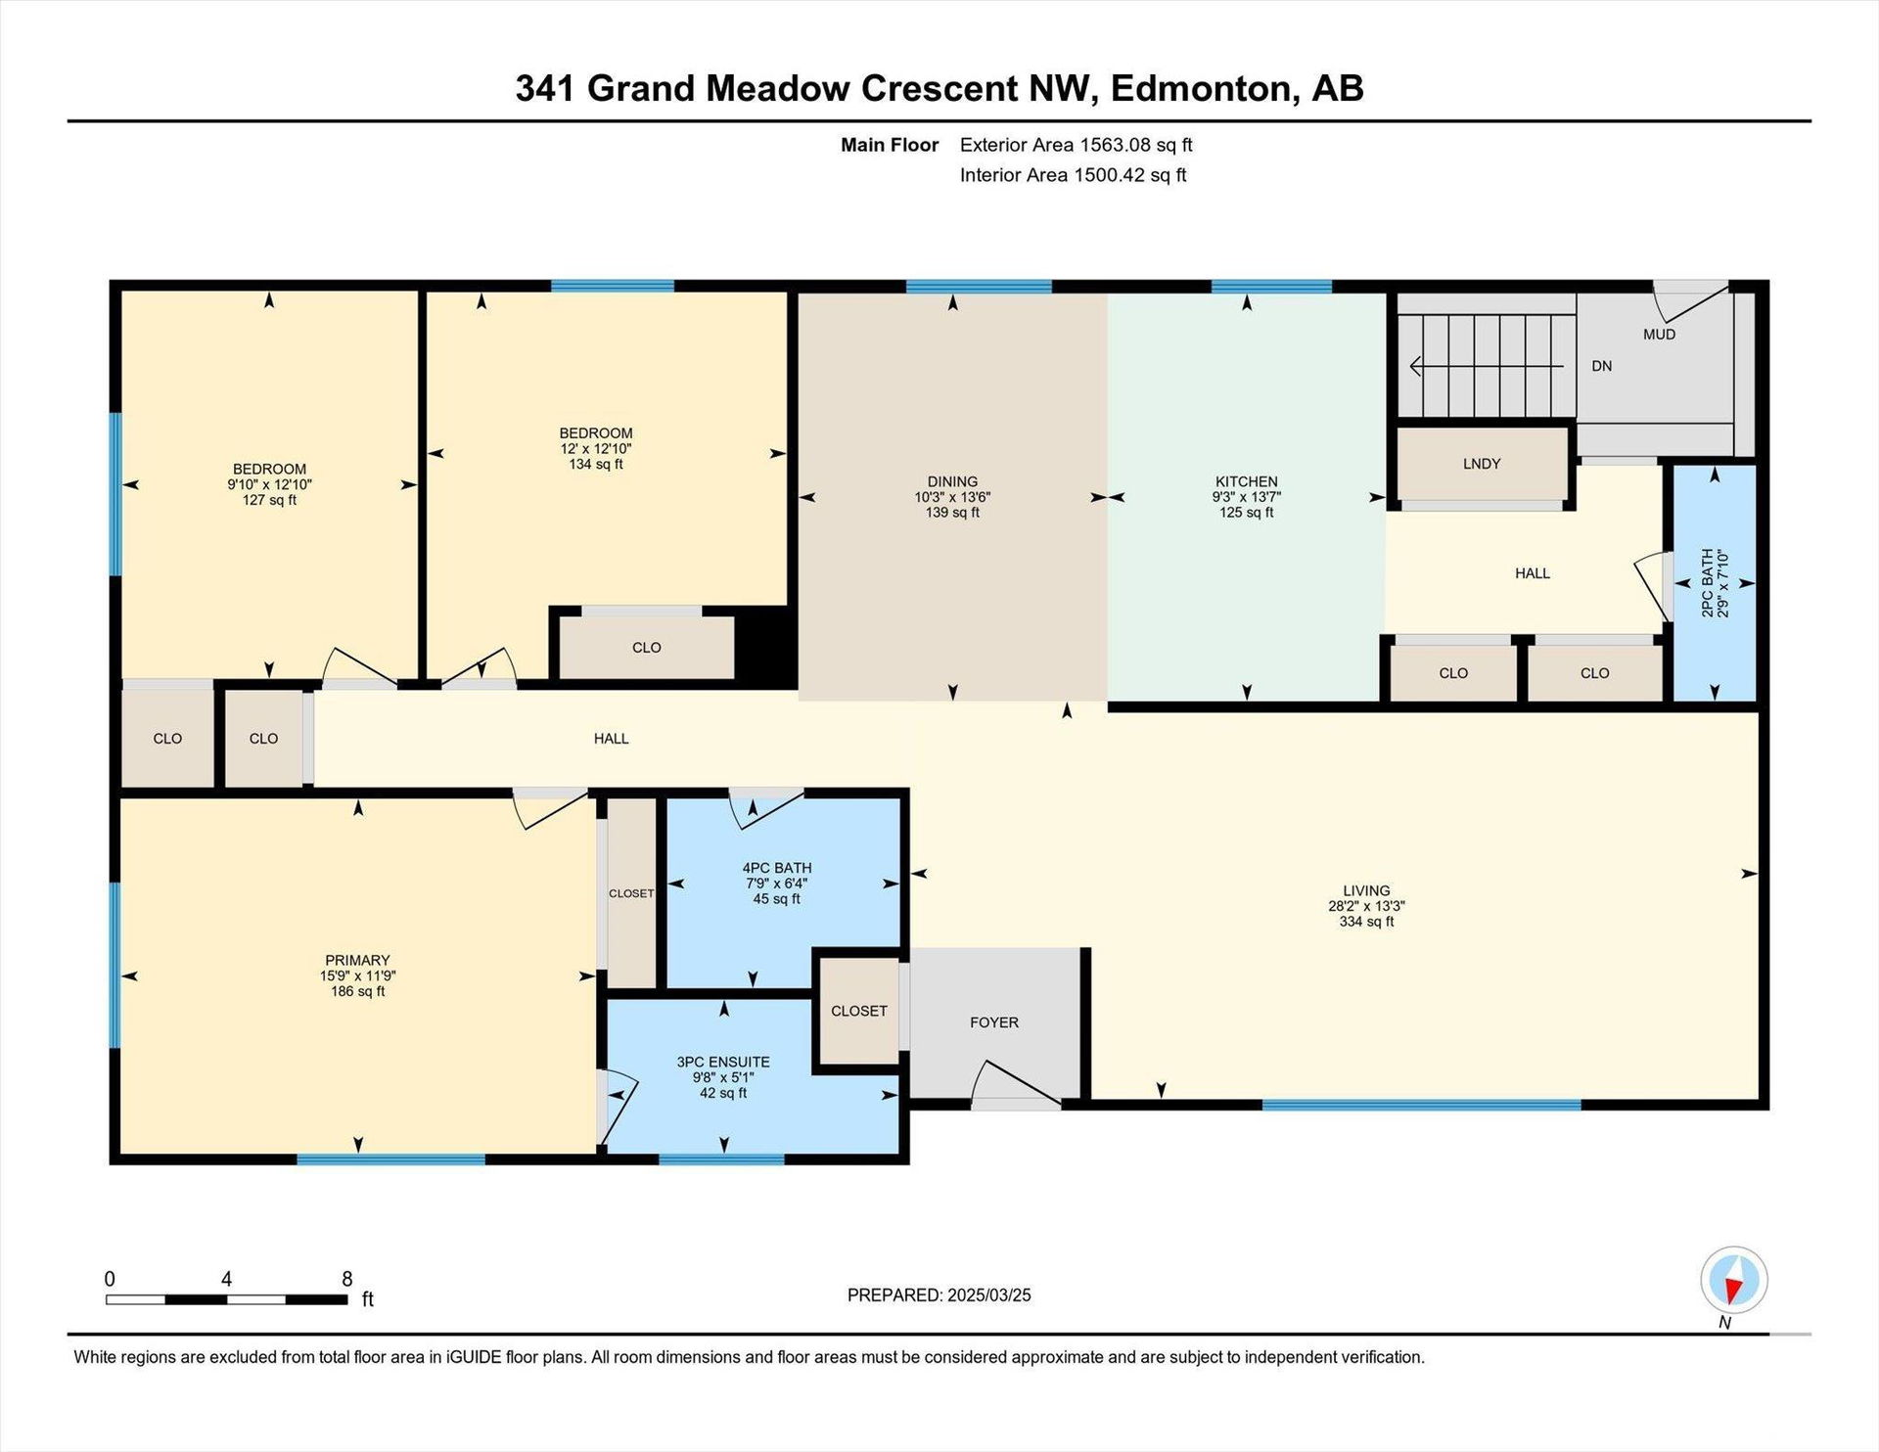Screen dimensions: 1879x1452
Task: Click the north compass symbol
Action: (x=1734, y=1280)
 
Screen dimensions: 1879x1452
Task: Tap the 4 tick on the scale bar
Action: (x=226, y=1280)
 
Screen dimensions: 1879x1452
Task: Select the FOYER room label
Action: (x=994, y=1022)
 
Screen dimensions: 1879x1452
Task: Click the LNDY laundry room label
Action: (x=1482, y=464)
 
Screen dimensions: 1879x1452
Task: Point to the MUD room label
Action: (x=1659, y=335)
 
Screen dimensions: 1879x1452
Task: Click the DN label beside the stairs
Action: (x=1601, y=366)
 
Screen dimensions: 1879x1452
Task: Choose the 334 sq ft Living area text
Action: (x=1366, y=922)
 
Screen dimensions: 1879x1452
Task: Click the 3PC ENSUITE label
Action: (x=723, y=1062)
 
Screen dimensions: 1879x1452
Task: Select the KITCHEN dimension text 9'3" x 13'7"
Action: (x=1246, y=497)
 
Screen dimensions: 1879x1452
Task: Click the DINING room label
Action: (x=952, y=481)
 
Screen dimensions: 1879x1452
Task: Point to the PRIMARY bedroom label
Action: (x=357, y=961)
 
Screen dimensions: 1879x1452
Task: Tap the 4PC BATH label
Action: (x=777, y=868)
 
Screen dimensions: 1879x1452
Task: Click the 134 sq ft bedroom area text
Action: (x=596, y=465)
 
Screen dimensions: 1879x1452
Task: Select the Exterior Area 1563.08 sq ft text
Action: (x=1076, y=145)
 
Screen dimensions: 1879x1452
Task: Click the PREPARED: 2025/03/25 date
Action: (x=939, y=1295)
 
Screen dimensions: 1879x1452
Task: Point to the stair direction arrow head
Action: (x=1416, y=366)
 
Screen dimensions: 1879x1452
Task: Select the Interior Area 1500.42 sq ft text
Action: (x=1073, y=175)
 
